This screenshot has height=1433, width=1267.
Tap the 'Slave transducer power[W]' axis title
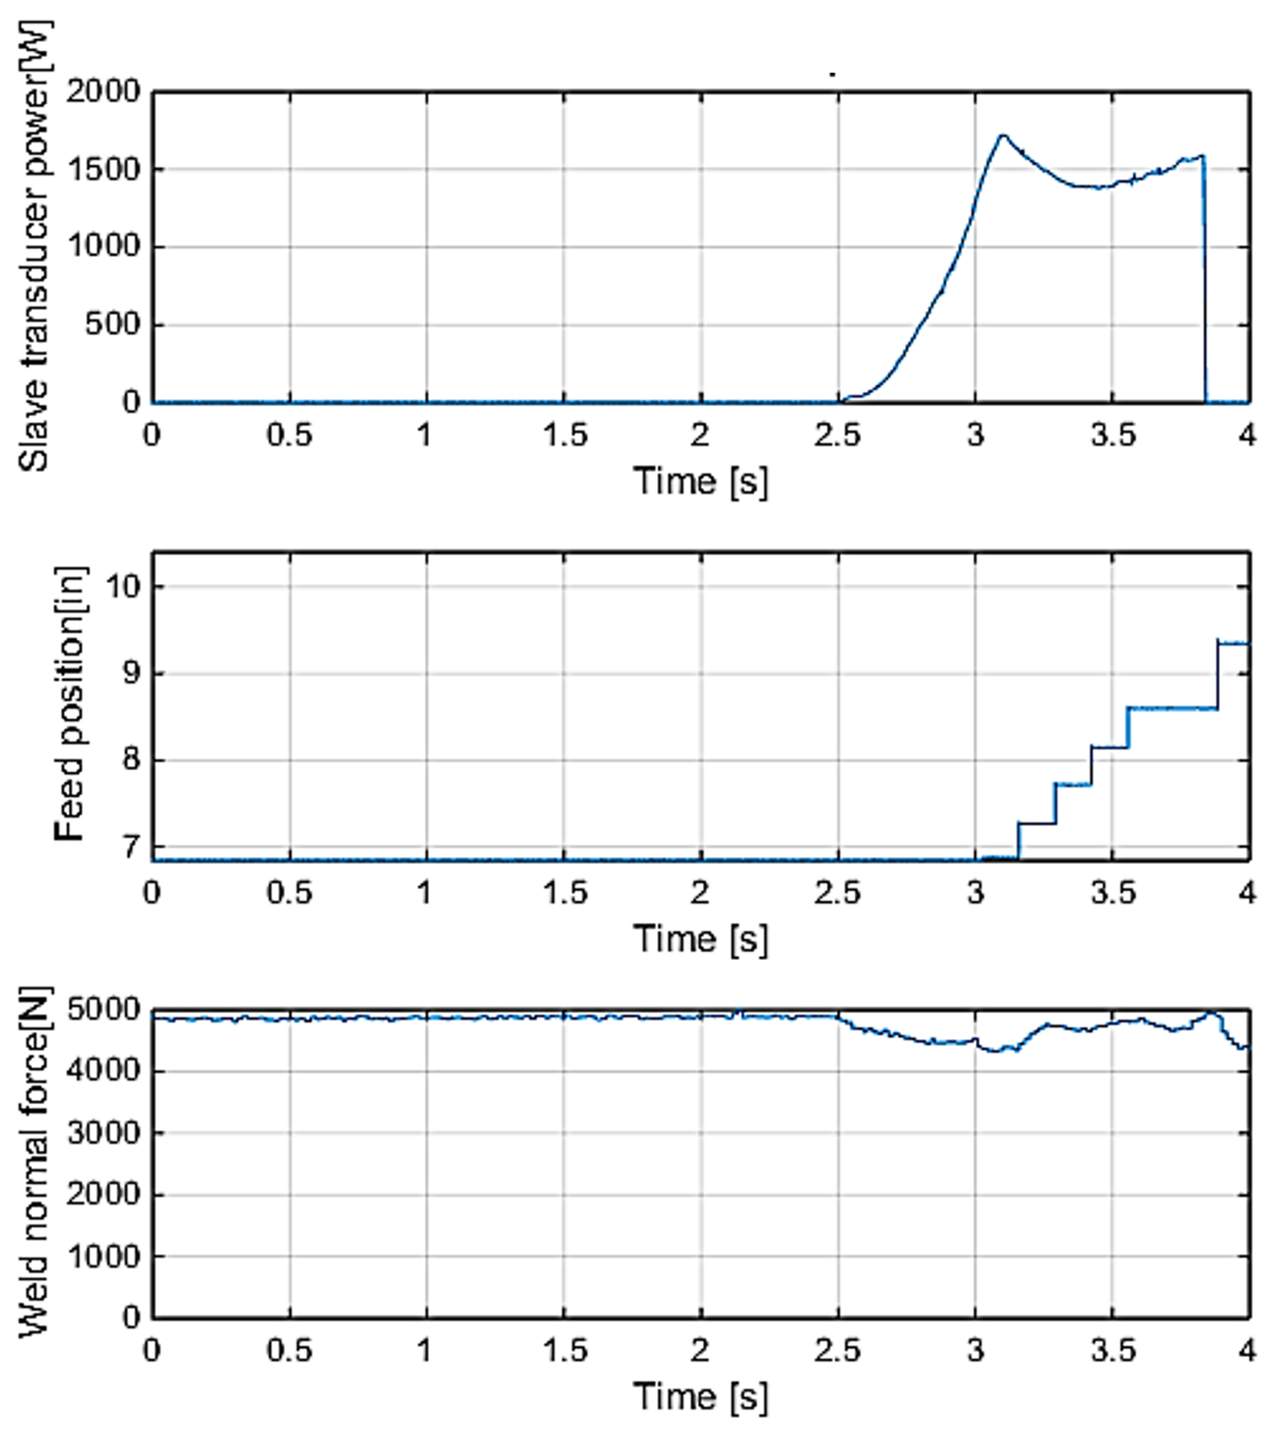[x=33, y=245]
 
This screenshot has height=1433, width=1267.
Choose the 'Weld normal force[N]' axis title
[x=33, y=1163]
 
